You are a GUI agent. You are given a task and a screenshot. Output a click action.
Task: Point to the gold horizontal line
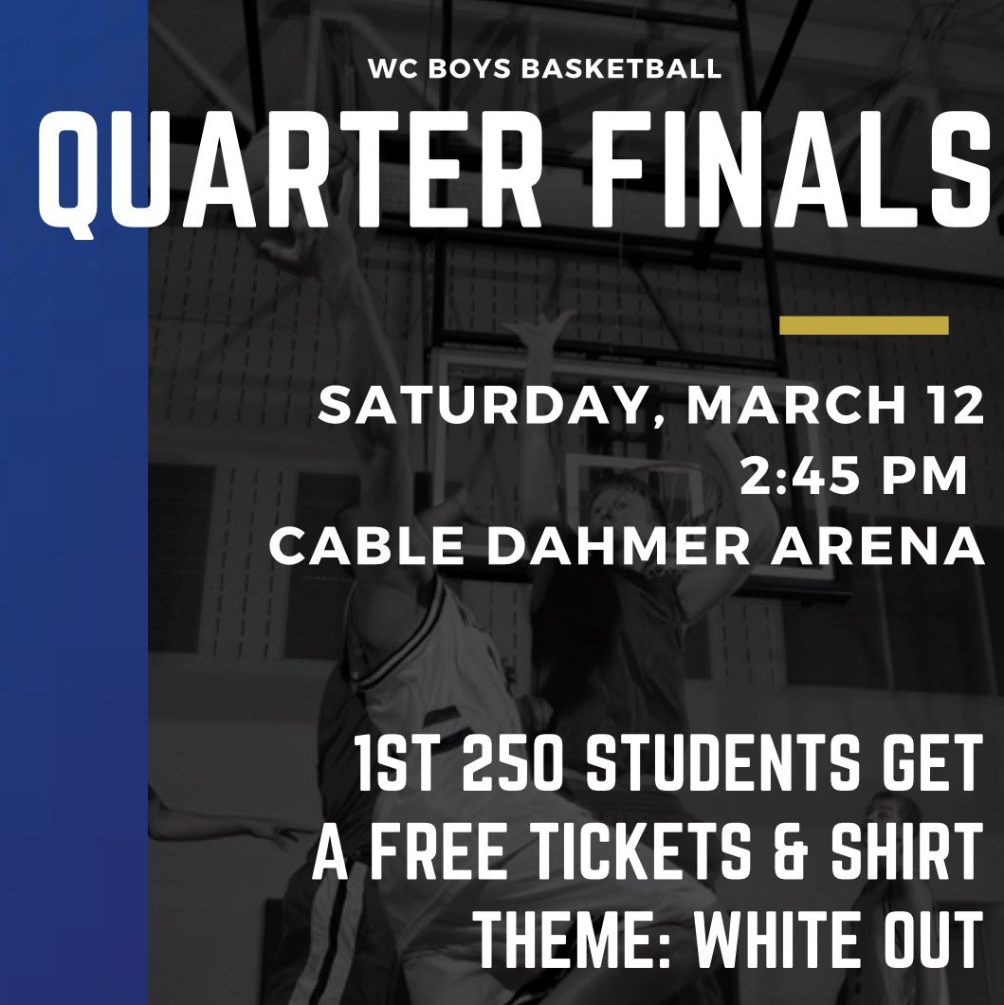[863, 325]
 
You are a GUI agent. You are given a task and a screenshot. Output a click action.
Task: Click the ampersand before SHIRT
[802, 853]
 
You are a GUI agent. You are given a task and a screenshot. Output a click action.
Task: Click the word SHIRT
[904, 853]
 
